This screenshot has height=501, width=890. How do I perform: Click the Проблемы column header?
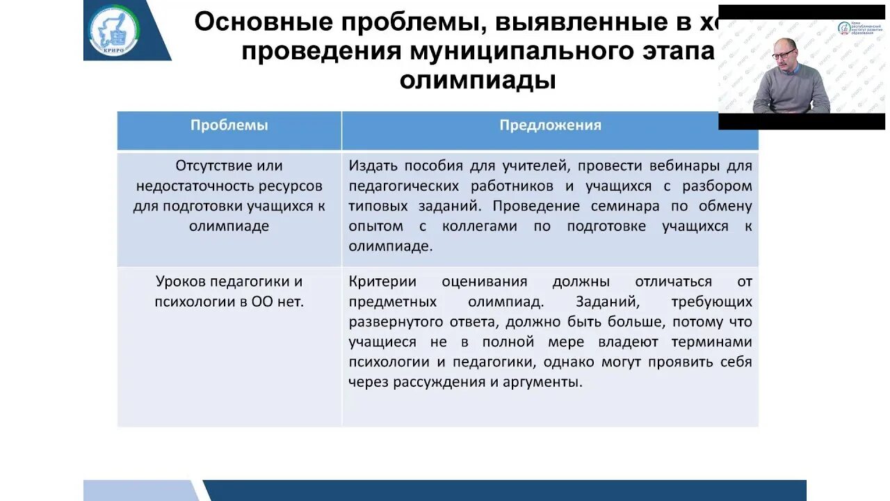(229, 125)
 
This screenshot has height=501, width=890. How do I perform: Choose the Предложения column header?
(550, 125)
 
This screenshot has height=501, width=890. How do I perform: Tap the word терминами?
(715, 342)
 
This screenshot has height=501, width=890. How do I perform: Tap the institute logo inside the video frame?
(844, 28)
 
